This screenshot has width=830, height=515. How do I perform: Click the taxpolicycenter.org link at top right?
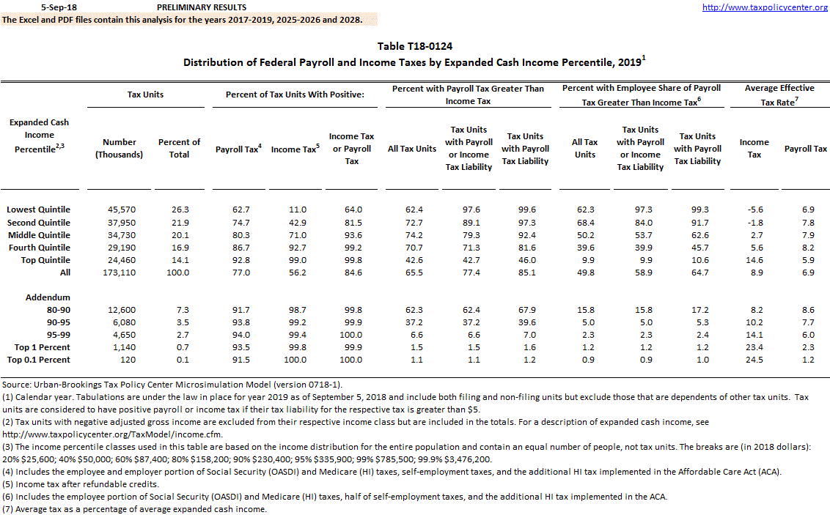coord(765,7)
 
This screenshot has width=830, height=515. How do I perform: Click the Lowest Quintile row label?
coord(38,210)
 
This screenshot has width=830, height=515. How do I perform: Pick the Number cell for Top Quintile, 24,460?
coord(120,260)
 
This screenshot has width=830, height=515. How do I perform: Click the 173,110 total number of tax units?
coord(120,273)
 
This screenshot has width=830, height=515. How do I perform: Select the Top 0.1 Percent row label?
coord(39,360)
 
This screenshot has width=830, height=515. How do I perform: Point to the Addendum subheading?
coord(47,297)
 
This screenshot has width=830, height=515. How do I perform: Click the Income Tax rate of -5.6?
coord(754,210)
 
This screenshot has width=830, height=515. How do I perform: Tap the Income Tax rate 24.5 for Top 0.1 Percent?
coord(754,360)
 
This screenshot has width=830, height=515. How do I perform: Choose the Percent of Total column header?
coord(179,148)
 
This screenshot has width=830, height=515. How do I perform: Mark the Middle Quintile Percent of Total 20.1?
coord(179,235)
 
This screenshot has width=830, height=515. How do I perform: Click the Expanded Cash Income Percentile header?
coord(39,136)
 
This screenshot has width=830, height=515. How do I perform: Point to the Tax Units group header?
coord(146,95)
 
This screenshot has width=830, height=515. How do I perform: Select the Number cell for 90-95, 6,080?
coord(120,322)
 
